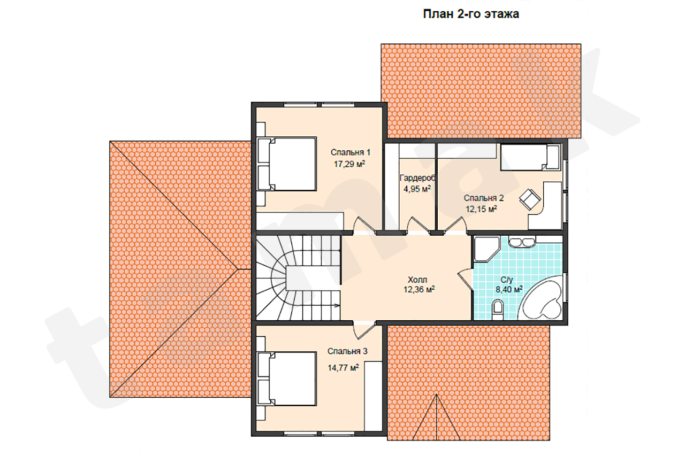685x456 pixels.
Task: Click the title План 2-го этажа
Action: tap(471, 14)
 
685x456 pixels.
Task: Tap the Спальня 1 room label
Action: tap(351, 152)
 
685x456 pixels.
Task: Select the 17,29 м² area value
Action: tap(349, 164)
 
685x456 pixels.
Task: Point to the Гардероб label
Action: tap(417, 178)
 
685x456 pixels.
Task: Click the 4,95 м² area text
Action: tap(417, 189)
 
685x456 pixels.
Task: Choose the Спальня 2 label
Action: tap(483, 198)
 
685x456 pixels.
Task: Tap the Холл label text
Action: tap(417, 280)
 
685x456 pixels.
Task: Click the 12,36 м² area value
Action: tap(419, 289)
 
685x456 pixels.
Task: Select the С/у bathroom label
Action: tap(506, 280)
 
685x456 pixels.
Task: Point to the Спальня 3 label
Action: tap(347, 351)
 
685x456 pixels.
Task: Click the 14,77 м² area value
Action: tap(343, 368)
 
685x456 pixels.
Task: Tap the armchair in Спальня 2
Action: tap(530, 199)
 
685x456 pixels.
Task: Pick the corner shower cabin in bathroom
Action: tap(486, 249)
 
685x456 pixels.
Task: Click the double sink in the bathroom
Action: tap(522, 242)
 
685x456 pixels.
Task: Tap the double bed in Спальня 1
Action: tap(286, 164)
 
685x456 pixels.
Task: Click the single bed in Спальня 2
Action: tap(530, 157)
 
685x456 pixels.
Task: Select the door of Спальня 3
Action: tap(364, 330)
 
